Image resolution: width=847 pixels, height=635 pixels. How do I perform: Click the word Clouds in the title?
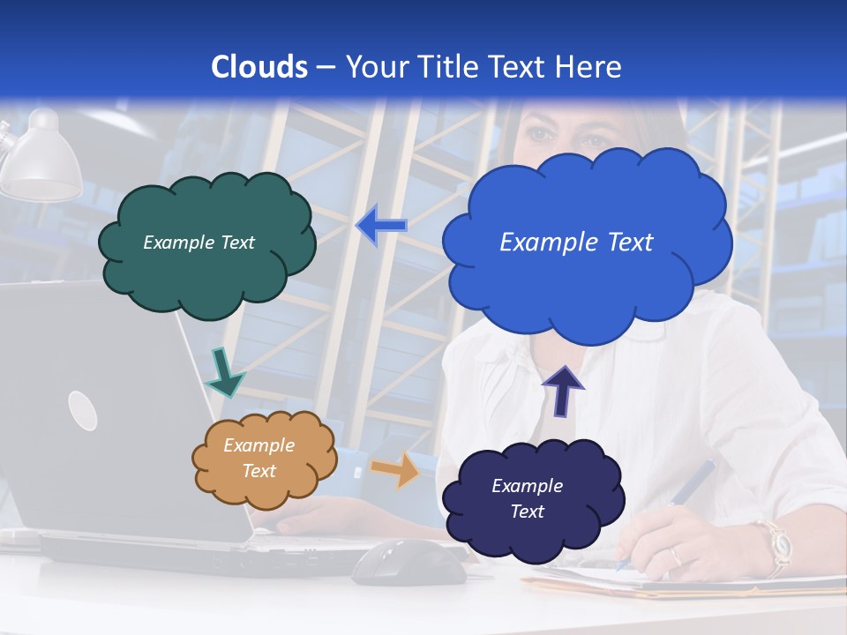[x=259, y=67]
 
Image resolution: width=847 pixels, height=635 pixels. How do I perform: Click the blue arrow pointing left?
[x=381, y=226]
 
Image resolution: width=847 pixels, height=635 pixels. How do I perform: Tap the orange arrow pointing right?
[x=396, y=469]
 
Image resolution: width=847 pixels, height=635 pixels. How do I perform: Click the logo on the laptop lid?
[x=82, y=410]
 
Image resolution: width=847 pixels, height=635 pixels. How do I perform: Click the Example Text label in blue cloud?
[x=576, y=243]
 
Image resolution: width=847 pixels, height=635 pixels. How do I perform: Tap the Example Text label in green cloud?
[x=199, y=243]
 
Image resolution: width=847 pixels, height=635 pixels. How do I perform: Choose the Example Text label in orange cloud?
[x=259, y=458]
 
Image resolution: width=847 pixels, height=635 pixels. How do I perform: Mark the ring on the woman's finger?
[x=675, y=557]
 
